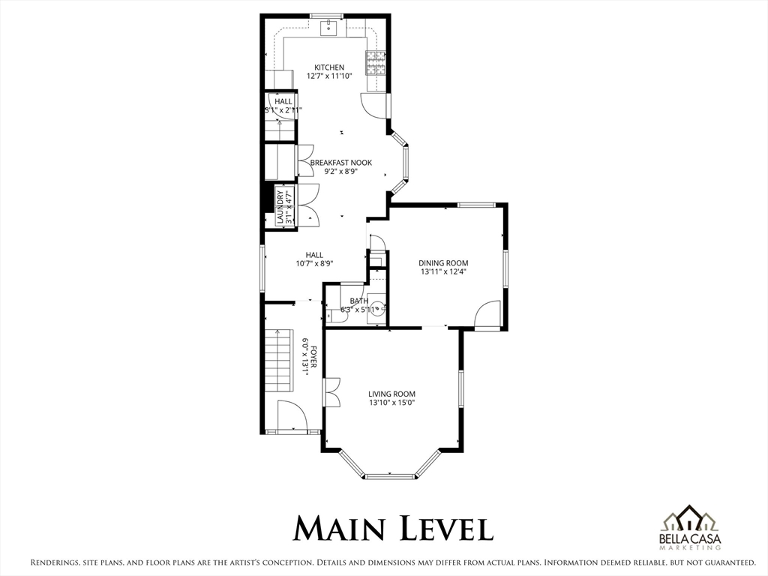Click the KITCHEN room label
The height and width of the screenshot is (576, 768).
pos(329,67)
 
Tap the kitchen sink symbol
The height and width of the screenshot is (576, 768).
pos(328,28)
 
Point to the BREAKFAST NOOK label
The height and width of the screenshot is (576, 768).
pos(341,163)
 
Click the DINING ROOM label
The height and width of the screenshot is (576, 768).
pos(443,263)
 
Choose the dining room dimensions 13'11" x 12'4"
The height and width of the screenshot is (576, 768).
pos(442,271)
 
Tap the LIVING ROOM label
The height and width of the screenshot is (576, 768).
pos(391,394)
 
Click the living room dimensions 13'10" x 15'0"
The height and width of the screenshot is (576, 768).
pos(391,403)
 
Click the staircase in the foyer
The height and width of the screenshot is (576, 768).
pos(279,360)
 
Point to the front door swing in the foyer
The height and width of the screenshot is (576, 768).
pos(292,415)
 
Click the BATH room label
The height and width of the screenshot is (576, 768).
pos(359,301)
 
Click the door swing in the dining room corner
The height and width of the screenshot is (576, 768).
pos(487,313)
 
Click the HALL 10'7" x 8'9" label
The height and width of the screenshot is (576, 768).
pos(314,259)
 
